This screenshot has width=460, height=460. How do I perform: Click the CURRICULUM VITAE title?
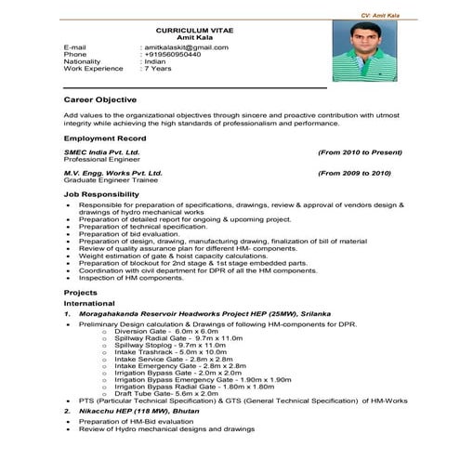pos(194,30)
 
